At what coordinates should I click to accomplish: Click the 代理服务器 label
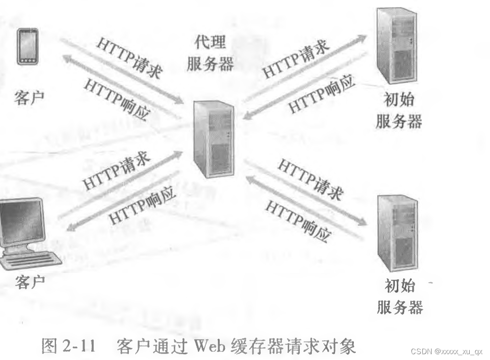[x=210, y=53]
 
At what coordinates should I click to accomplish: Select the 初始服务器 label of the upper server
[x=398, y=111]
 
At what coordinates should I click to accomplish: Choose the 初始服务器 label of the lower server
[x=399, y=297]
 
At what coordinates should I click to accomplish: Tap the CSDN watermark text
[x=444, y=351]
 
